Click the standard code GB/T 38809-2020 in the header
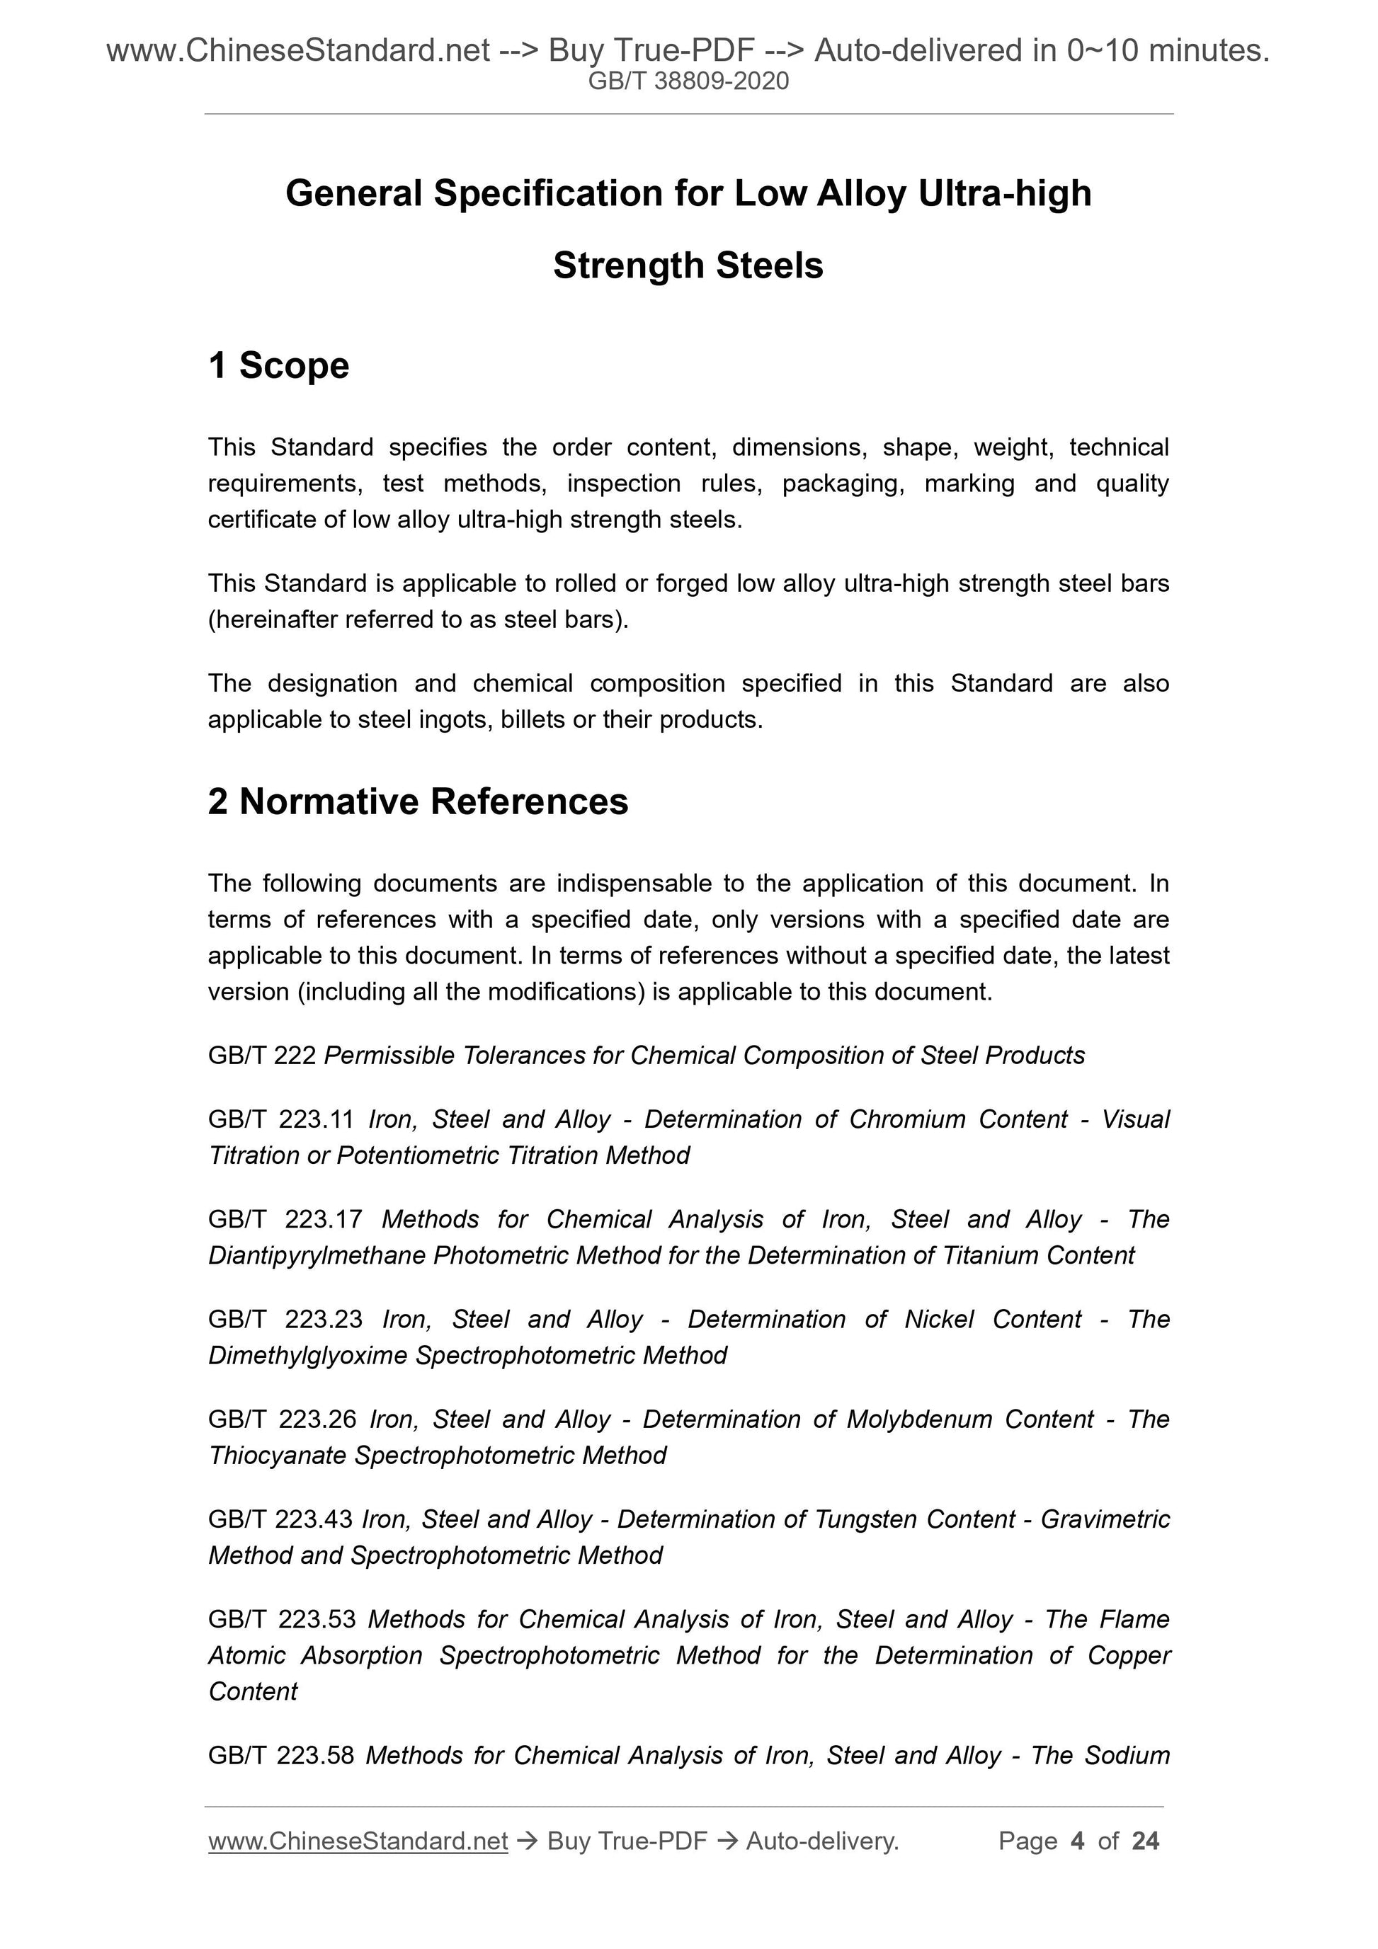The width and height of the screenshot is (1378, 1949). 688,81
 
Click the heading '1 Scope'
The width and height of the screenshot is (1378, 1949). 278,366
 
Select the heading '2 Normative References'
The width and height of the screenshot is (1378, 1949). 418,802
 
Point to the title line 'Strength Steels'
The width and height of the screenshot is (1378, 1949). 688,266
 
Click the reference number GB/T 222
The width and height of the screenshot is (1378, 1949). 261,1055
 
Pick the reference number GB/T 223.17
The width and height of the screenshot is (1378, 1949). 285,1220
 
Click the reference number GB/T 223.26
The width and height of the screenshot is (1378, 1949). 283,1419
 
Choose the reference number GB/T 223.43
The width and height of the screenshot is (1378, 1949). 280,1519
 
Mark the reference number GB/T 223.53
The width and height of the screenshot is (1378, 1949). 282,1620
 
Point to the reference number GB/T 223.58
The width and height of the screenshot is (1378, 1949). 281,1756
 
